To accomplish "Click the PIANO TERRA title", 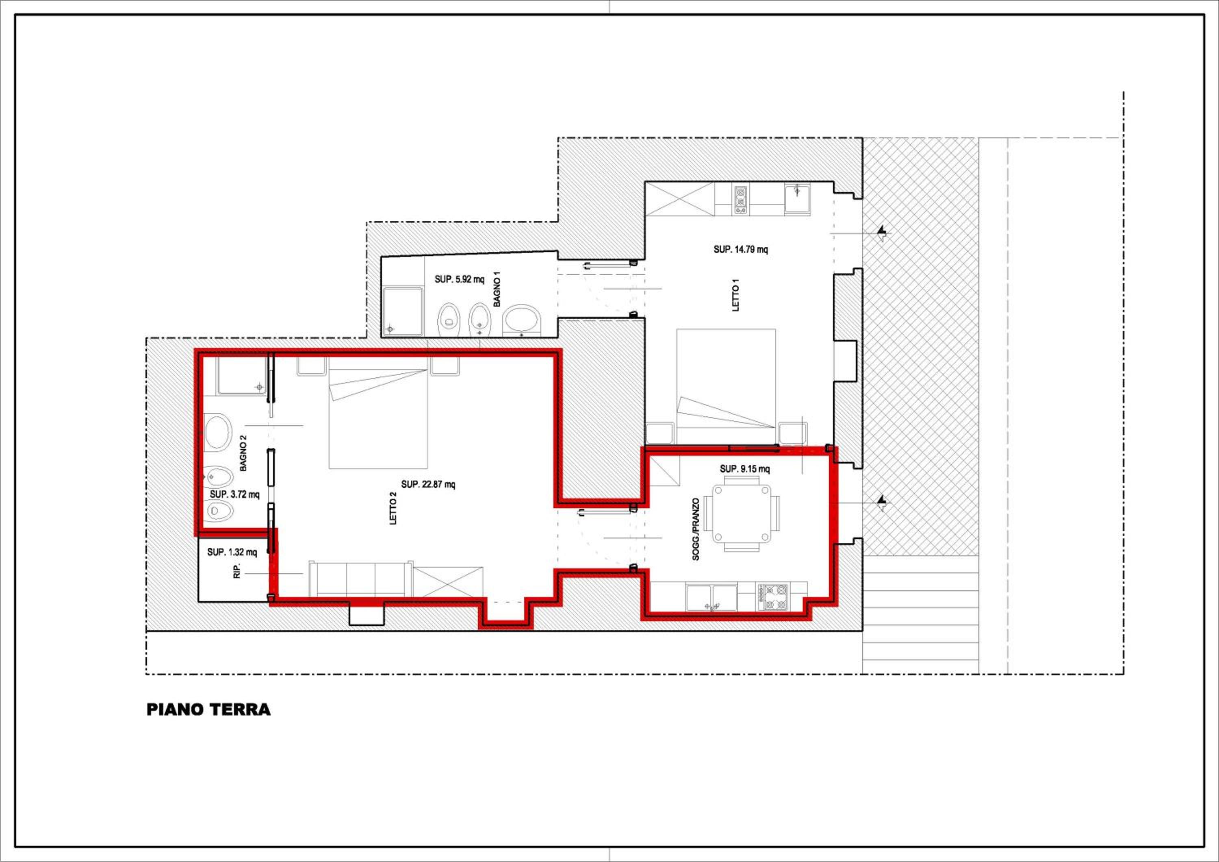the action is pos(208,710).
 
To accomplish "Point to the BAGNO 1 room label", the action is pos(497,291).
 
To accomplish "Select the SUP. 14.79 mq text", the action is pos(741,249).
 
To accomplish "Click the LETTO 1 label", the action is pos(735,295).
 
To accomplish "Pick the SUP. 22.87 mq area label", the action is pos(428,484).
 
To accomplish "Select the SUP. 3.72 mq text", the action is pos(235,494).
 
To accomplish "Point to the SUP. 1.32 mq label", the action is pos(232,552).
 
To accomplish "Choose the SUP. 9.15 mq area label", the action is pos(745,469).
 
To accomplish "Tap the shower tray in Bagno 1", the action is pos(402,312).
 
